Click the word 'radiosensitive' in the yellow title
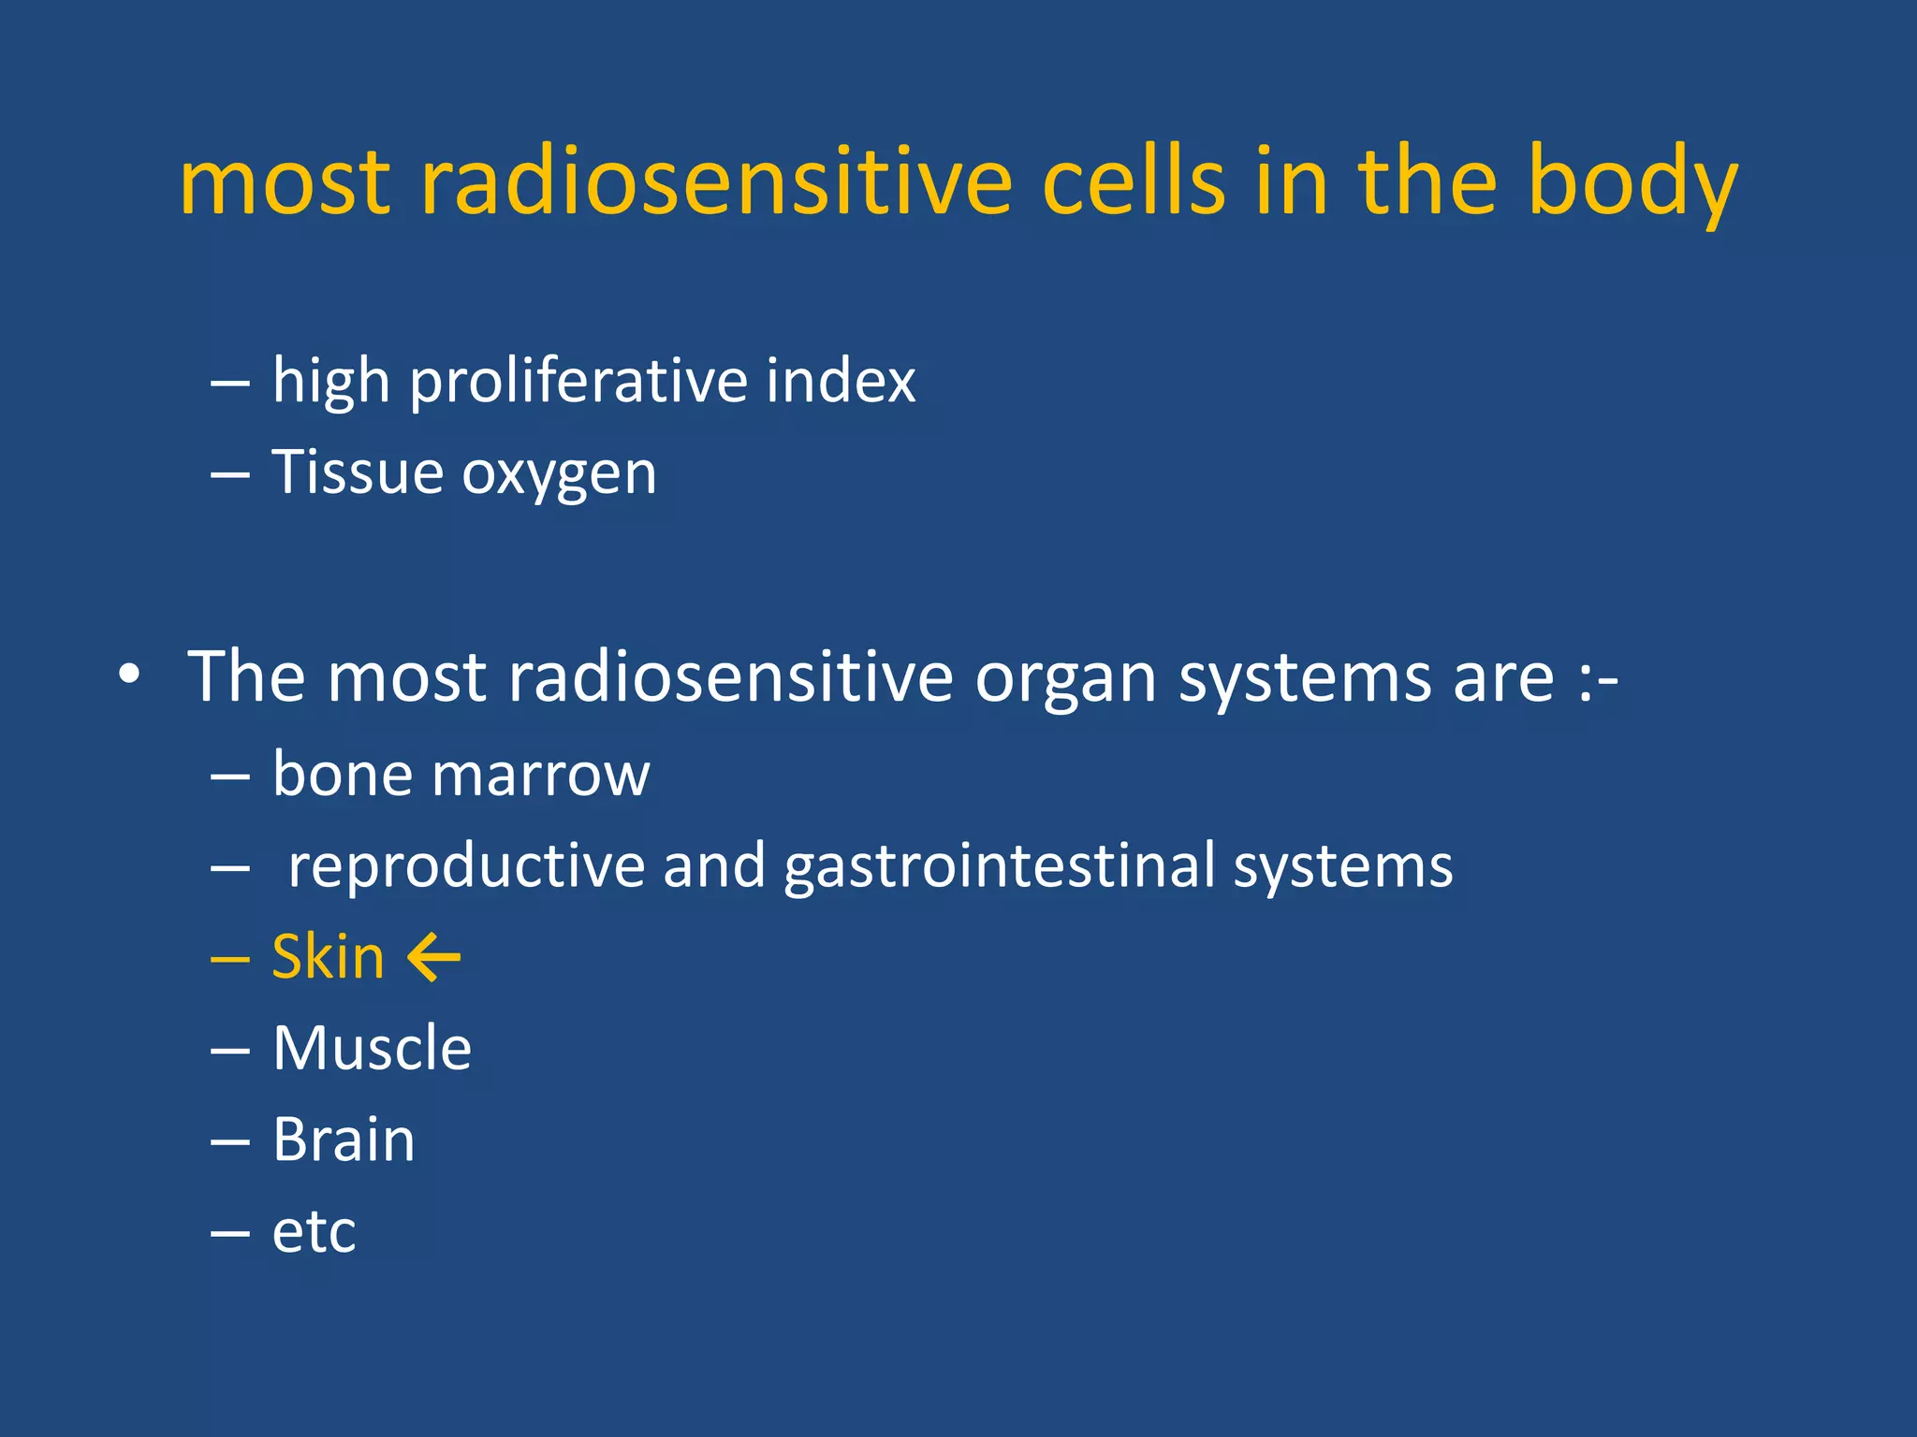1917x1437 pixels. click(716, 183)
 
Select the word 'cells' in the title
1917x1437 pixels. click(1133, 183)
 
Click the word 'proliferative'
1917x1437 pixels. click(578, 383)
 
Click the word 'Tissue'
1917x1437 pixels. click(357, 472)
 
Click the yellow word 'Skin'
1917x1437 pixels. click(328, 957)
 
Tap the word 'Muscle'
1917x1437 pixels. click(372, 1048)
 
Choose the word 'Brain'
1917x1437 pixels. click(344, 1139)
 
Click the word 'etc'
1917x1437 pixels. click(314, 1232)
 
